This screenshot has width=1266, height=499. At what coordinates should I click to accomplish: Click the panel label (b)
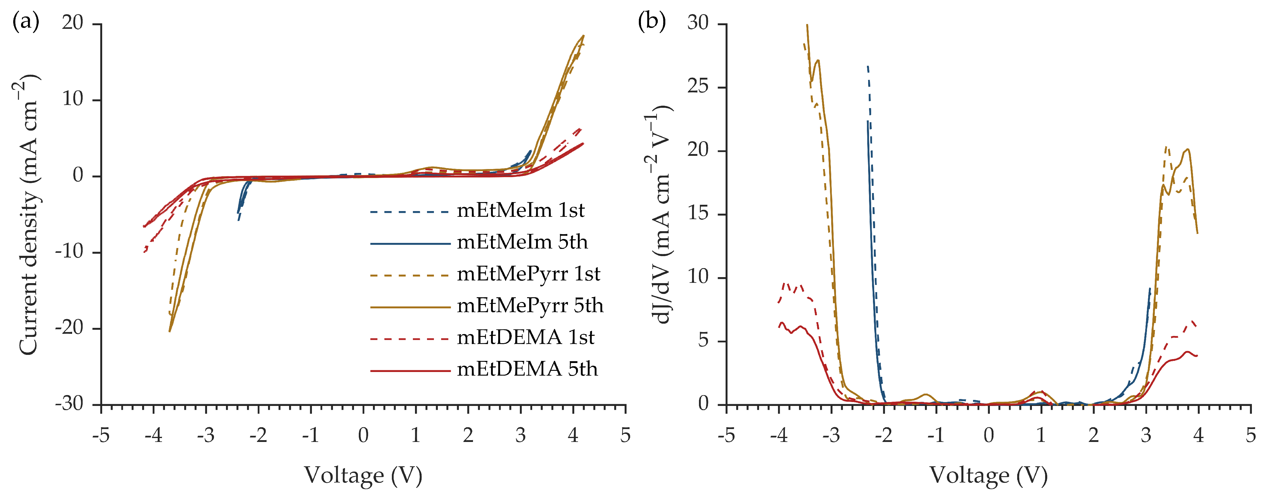pyautogui.click(x=652, y=22)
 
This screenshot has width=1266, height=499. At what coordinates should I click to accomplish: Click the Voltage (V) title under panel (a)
pyautogui.click(x=363, y=475)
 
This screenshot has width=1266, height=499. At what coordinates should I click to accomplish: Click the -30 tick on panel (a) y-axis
pyautogui.click(x=69, y=404)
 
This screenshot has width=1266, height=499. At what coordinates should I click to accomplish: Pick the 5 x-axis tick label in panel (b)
pyautogui.click(x=1251, y=435)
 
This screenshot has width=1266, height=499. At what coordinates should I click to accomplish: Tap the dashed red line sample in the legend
pyautogui.click(x=410, y=339)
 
